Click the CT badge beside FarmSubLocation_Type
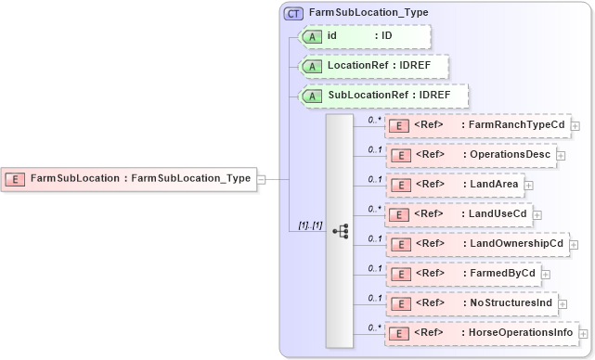(x=293, y=13)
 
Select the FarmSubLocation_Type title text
(x=356, y=13)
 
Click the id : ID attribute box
(x=364, y=36)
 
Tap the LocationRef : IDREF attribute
(x=373, y=67)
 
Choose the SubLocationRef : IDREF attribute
(x=382, y=96)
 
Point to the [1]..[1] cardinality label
(x=309, y=226)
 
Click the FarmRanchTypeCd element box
(x=477, y=125)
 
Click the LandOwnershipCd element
(x=475, y=244)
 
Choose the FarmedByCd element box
(x=461, y=274)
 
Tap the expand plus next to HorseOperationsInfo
(x=583, y=334)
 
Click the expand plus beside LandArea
(x=529, y=186)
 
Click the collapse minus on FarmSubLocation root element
(x=262, y=179)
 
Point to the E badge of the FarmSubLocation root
(x=16, y=178)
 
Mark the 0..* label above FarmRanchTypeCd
(x=374, y=120)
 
